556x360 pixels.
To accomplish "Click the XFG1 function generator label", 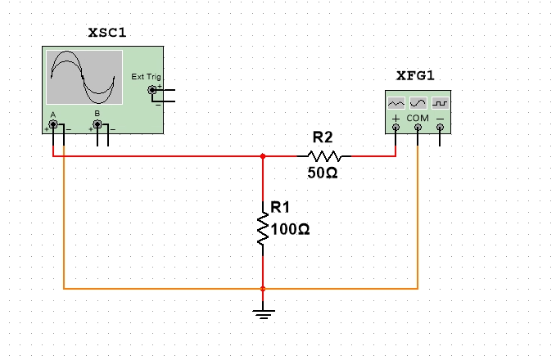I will coord(415,75).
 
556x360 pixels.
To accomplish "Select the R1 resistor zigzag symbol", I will coord(263,230).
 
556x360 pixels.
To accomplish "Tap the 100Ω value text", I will coord(290,230).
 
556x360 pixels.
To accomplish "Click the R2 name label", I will coord(323,137).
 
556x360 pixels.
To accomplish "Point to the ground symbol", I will coord(263,313).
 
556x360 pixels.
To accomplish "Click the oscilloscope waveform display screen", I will coord(84,76).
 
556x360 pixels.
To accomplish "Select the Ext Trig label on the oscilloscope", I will coord(147,77).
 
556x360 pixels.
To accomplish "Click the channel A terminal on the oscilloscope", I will coord(53,124).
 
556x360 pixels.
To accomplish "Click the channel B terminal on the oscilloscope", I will coord(98,124).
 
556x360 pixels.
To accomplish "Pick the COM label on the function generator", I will coord(418,118).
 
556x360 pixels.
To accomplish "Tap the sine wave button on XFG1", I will coord(418,104).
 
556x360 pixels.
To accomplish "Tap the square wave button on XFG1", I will coord(440,104).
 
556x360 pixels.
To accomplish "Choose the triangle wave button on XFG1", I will coord(396,104).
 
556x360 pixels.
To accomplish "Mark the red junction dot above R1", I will coord(263,155).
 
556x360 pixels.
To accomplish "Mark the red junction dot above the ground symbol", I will coord(263,289).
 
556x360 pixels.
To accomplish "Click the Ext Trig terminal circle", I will coord(151,89).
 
